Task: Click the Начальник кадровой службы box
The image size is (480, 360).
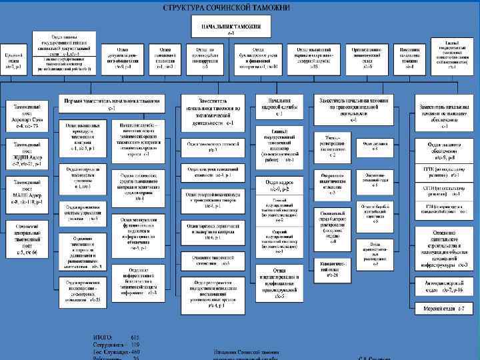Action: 279,107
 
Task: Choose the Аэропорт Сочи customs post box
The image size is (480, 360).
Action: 27,115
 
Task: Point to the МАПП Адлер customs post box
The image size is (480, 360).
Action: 27,189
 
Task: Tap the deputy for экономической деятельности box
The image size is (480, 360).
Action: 213,111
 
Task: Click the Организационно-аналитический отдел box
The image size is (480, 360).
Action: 367,56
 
